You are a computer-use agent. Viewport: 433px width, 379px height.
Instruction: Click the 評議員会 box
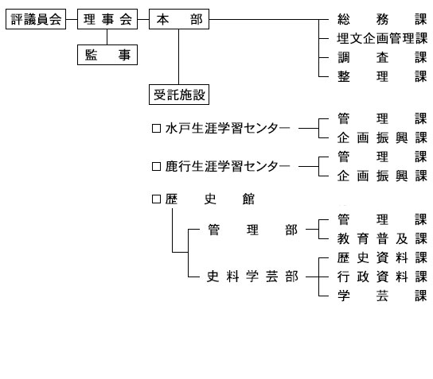[36, 19]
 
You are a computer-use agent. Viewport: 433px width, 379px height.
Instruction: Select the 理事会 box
[107, 19]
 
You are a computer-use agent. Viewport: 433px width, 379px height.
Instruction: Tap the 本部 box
[179, 19]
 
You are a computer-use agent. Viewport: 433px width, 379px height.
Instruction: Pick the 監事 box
[107, 55]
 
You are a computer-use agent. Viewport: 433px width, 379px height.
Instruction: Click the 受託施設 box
[179, 95]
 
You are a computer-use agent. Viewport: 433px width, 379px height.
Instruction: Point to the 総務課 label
[382, 20]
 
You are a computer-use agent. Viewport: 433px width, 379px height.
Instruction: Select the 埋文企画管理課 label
[382, 39]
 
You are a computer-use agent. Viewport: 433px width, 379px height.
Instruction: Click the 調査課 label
[382, 58]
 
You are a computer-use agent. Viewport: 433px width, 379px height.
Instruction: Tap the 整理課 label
[382, 76]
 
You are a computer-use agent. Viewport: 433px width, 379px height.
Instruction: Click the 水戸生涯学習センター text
[228, 129]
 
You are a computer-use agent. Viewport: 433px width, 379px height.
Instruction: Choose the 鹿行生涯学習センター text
[228, 167]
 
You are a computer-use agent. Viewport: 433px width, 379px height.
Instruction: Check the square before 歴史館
[156, 199]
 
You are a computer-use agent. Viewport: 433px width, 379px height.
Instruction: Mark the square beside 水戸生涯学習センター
[156, 129]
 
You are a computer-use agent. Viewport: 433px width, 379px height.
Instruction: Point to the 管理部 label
[252, 230]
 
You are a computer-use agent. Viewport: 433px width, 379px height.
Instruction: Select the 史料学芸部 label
[252, 277]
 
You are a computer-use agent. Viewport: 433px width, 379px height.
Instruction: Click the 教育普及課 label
[382, 238]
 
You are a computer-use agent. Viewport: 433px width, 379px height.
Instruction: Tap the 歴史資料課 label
[382, 258]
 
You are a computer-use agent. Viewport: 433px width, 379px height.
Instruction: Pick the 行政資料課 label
[382, 277]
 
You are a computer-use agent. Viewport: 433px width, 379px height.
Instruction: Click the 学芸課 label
[382, 296]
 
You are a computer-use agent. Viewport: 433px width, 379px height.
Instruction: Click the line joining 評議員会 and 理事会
[72, 19]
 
